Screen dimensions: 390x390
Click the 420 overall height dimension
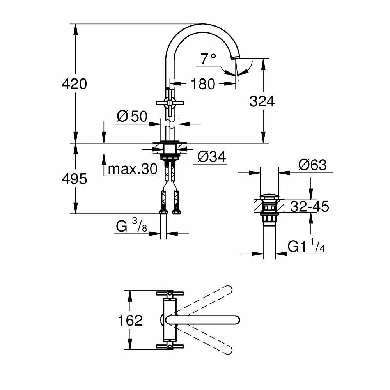(x=74, y=83)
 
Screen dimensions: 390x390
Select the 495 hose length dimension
(x=74, y=179)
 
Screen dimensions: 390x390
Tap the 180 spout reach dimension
(x=203, y=83)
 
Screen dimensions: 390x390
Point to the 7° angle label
(x=208, y=59)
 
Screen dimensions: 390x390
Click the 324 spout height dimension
(x=262, y=101)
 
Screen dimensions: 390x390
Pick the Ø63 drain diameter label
(x=312, y=165)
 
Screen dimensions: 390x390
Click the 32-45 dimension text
(x=312, y=206)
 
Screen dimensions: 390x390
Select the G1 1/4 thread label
(x=306, y=246)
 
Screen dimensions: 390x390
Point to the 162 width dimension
(x=130, y=320)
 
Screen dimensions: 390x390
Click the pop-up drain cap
(x=269, y=196)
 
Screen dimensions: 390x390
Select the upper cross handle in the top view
(x=169, y=293)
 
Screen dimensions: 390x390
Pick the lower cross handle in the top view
(x=169, y=346)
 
